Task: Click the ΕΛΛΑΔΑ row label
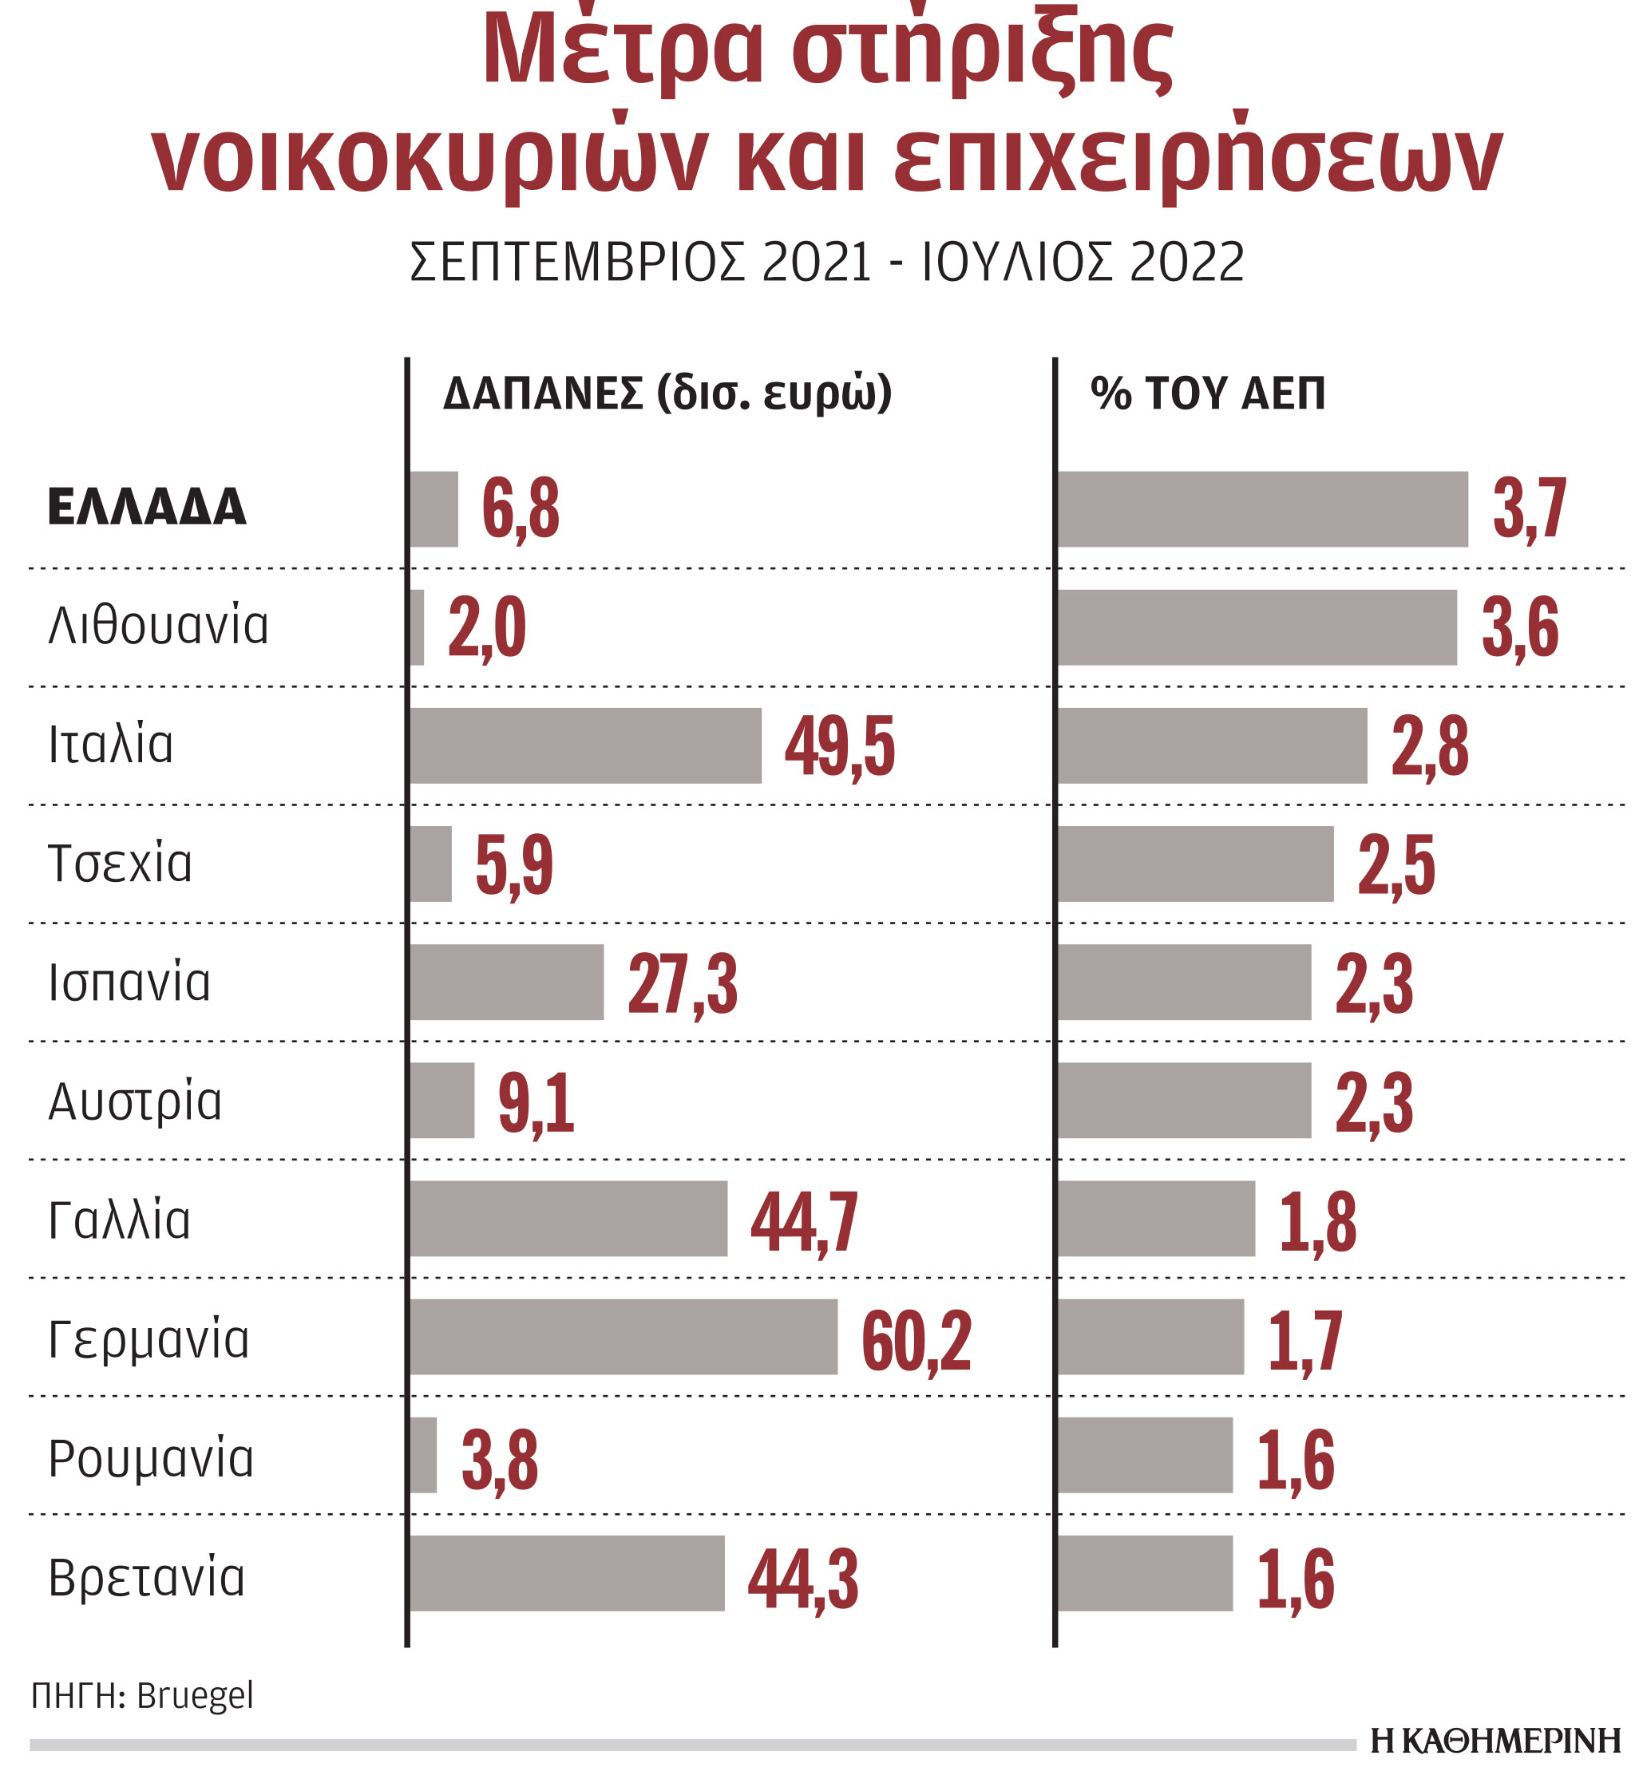coord(147,508)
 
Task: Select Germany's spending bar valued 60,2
coord(624,1336)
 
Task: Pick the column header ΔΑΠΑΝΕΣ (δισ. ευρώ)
coord(667,393)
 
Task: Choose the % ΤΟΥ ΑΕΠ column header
coord(1208,393)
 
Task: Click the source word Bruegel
coord(195,1695)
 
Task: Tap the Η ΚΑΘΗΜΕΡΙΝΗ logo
coord(1495,1741)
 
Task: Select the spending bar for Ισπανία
coord(507,982)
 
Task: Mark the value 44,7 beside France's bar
coord(804,1221)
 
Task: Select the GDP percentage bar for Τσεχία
coord(1195,864)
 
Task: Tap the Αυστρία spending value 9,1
coord(536,1102)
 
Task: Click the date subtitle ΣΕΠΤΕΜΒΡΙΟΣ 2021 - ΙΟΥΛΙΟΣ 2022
coord(826,262)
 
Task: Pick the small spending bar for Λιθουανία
coord(417,627)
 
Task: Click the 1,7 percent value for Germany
coord(1305,1340)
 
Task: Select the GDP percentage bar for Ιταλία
coord(1212,745)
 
